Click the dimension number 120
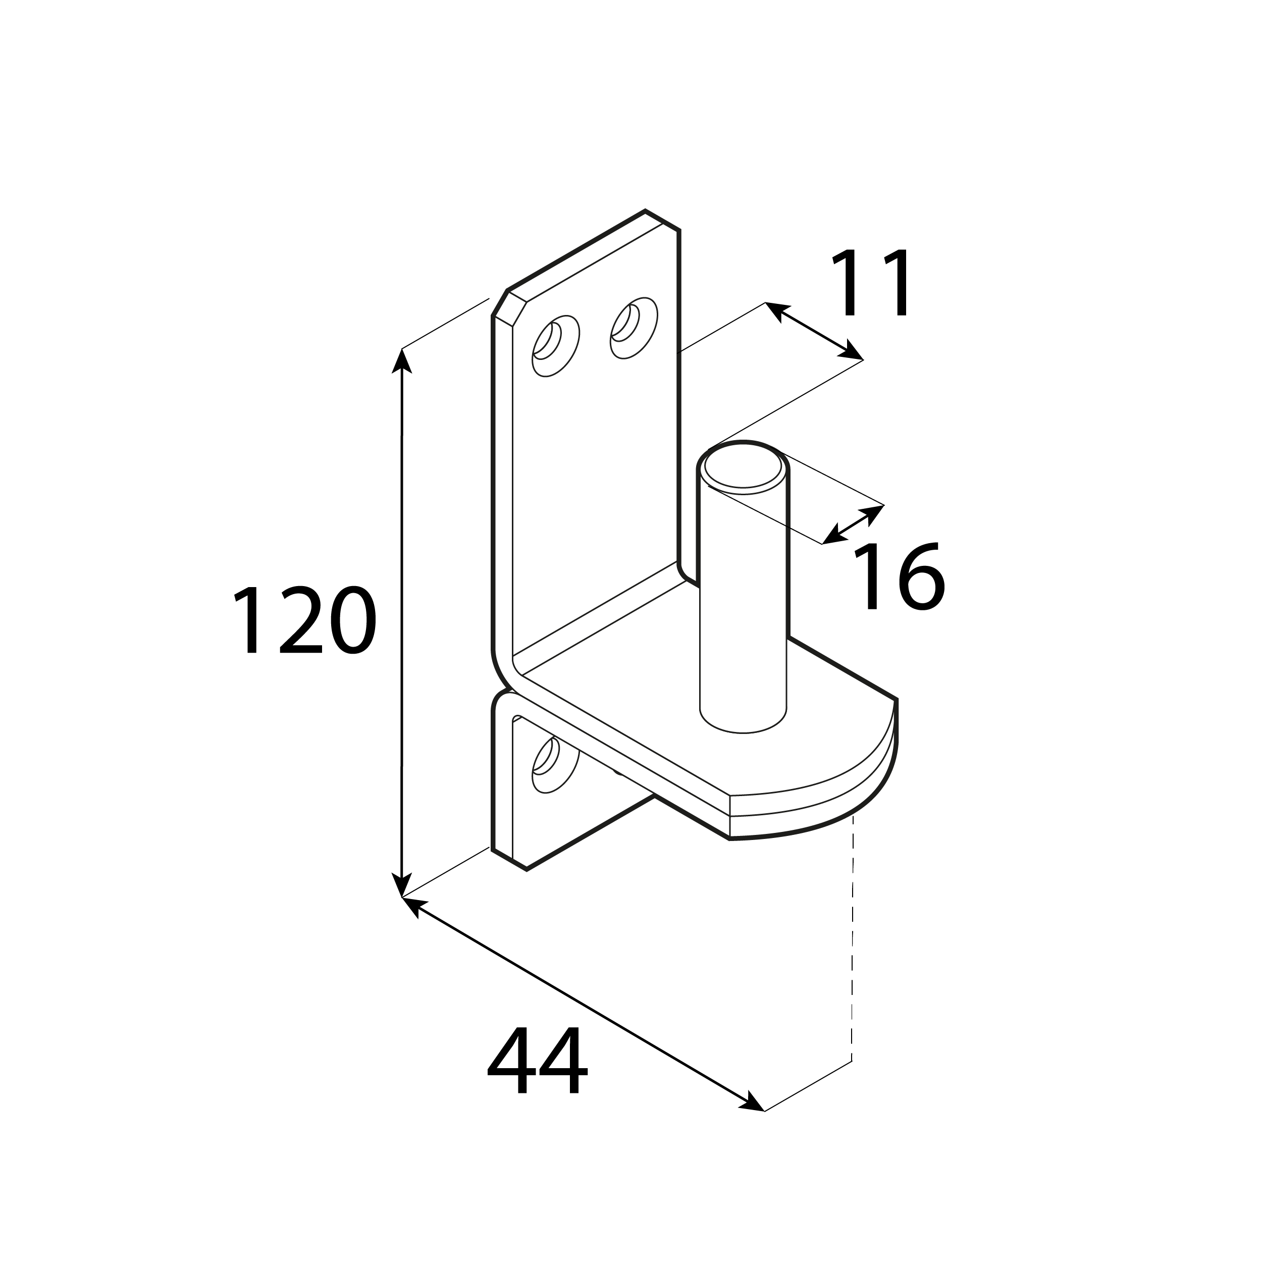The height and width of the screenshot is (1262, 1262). click(x=304, y=620)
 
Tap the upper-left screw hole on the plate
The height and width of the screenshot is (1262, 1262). click(x=555, y=346)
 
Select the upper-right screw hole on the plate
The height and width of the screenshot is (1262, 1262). click(x=633, y=328)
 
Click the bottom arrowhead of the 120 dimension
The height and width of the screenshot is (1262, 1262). click(x=401, y=885)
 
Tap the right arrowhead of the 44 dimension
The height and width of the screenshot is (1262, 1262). click(x=752, y=1102)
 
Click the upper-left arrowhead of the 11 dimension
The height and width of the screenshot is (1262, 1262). click(x=777, y=311)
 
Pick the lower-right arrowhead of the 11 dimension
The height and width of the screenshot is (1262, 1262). click(x=851, y=351)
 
